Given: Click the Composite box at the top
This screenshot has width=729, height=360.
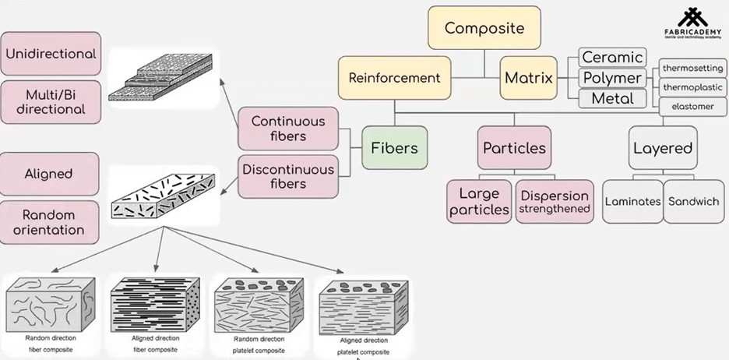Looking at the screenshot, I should click(x=484, y=28).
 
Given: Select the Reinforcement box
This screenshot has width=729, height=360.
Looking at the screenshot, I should click(x=394, y=78).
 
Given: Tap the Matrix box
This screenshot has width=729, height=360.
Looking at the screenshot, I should click(x=528, y=78).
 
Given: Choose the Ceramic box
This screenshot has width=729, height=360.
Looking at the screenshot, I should click(x=612, y=57).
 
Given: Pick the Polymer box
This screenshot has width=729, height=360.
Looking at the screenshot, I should click(x=612, y=78).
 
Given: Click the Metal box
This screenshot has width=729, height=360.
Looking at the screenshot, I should click(x=612, y=99).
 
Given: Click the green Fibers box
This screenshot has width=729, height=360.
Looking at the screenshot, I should click(x=394, y=148).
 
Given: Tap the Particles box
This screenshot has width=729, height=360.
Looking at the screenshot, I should click(x=514, y=148).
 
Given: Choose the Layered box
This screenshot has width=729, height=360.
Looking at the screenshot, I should click(x=662, y=148).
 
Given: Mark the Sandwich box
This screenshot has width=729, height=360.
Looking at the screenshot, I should click(x=693, y=202).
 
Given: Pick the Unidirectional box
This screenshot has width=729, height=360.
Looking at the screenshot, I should click(x=51, y=55).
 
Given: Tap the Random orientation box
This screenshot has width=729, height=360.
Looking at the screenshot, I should click(x=49, y=222).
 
